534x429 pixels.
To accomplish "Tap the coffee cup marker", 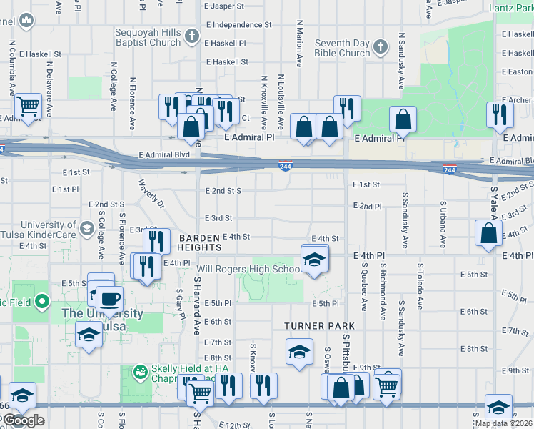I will [x=109, y=298].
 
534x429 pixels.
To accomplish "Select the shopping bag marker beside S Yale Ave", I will [x=488, y=233].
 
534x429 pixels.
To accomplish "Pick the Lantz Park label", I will [x=510, y=9].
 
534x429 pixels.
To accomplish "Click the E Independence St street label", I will [x=238, y=24].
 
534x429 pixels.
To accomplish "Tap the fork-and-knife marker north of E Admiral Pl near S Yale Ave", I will [x=499, y=114].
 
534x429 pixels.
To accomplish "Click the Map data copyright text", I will [x=503, y=423].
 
